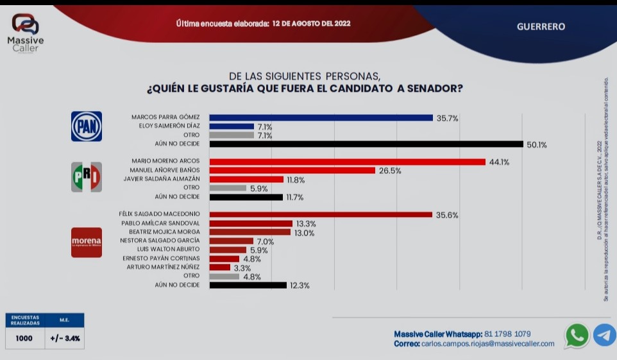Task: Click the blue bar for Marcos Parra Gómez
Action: [x=321, y=117]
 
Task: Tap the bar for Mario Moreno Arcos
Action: [x=347, y=162]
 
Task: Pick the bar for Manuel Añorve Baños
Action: [x=292, y=171]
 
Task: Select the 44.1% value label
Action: [x=499, y=162]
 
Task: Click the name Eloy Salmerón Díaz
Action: [x=169, y=126]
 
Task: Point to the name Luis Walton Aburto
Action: [x=169, y=250]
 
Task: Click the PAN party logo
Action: [x=86, y=126]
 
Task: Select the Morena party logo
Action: [x=86, y=242]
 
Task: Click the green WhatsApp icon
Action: [x=577, y=335]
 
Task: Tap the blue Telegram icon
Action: [x=604, y=335]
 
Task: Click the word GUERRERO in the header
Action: [x=541, y=27]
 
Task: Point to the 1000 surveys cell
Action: [x=25, y=338]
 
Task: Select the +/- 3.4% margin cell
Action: [x=65, y=338]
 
